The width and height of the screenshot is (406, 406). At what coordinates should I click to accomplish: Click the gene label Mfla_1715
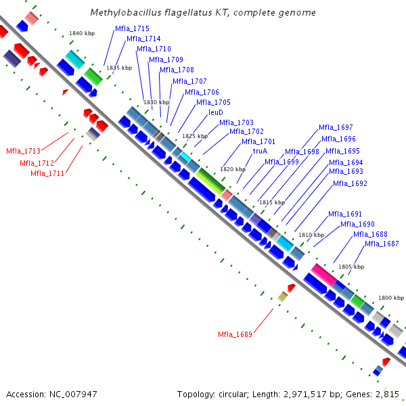coord(132,28)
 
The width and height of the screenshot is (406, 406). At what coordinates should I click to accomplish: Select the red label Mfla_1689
coord(235,334)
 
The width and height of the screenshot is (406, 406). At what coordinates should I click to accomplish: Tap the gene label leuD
coord(216,112)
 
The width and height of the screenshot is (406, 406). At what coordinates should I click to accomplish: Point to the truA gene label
coord(260,151)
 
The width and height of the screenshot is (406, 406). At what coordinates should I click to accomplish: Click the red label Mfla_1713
coord(24,151)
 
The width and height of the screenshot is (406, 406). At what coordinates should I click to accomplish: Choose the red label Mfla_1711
coord(47,173)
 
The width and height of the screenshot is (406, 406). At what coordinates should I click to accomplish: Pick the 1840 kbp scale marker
coord(82,33)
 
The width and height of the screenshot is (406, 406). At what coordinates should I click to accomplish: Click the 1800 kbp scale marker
coord(391,298)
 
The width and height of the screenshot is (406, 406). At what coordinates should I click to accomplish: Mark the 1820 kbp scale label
coord(233,168)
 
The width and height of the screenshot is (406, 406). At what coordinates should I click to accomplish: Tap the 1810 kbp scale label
coord(311,235)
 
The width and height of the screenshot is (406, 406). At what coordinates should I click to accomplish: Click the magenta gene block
coord(323,274)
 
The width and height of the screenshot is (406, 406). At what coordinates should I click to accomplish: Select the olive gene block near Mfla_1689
coord(283,296)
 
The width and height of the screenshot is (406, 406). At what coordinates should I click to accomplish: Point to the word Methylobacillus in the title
coord(122,13)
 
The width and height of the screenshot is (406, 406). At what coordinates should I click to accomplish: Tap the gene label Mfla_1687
coord(382,244)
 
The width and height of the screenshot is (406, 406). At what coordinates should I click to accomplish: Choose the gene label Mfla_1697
coord(336,127)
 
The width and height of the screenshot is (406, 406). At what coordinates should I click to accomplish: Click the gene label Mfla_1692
coord(351,183)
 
